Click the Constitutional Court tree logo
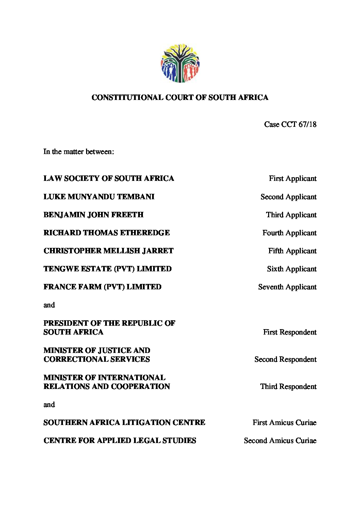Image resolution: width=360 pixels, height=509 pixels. (180, 63)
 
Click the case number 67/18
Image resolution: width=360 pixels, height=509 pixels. (308, 124)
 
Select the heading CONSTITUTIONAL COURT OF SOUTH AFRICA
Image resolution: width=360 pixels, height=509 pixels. (180, 98)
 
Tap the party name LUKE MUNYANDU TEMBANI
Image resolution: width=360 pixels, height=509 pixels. (99, 197)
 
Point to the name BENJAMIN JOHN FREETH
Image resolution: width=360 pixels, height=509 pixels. (93, 215)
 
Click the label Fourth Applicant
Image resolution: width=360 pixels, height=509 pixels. (289, 233)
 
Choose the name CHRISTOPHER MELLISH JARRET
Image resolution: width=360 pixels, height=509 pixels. (108, 251)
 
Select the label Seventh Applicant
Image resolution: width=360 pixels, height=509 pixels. (287, 287)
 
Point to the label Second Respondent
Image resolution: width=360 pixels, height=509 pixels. (285, 359)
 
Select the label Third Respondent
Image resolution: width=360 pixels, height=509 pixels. (288, 387)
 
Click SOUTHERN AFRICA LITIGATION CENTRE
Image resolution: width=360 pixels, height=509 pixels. (124, 423)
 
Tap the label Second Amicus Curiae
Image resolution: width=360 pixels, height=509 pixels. (280, 441)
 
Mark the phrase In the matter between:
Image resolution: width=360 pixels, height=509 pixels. (79, 152)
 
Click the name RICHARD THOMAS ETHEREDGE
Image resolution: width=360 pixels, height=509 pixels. (107, 233)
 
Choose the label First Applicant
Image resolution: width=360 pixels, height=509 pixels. (293, 179)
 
